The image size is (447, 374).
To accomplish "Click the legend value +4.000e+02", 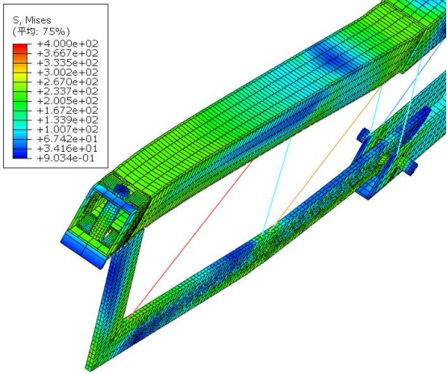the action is click(68, 44).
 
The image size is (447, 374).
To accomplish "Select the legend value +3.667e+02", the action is click(68, 53).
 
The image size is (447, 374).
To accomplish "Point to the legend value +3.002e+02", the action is click(68, 72).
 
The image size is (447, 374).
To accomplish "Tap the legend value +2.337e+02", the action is click(68, 91).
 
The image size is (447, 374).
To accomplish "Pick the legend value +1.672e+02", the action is click(68, 110).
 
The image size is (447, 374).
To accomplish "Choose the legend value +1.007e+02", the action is click(68, 129).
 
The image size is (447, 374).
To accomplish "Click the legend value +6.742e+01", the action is click(68, 139).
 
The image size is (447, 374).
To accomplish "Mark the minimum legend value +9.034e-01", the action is click(66, 158).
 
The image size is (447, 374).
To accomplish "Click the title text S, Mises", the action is click(31, 20).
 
